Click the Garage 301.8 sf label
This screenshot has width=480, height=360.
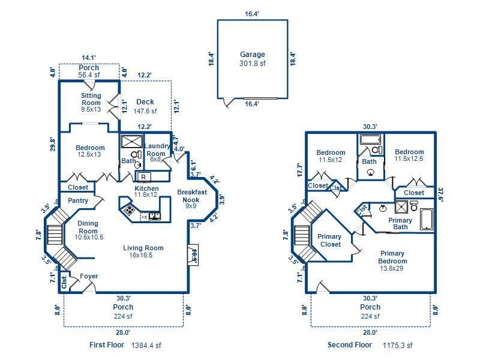252,59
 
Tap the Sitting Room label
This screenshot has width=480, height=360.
91,102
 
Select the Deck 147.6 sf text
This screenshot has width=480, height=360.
145,106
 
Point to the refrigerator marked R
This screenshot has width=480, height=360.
144,176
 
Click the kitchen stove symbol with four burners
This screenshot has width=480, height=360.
129,209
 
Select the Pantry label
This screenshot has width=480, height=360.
78,201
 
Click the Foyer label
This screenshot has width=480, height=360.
89,277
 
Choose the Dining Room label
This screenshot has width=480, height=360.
88,230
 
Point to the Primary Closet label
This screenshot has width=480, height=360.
329,240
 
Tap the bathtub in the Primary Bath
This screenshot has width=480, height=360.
426,219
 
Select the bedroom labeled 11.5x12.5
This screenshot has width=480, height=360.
409,155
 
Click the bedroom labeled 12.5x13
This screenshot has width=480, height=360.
90,151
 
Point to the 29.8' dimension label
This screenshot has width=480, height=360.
53,144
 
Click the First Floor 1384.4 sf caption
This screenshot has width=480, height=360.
125,345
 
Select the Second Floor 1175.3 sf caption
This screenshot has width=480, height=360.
370,345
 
